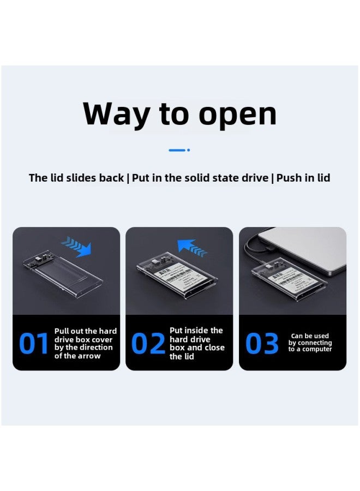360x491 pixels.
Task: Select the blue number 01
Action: point(34,344)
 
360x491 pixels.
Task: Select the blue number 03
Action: point(262,344)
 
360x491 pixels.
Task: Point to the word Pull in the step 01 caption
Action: point(63,331)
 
